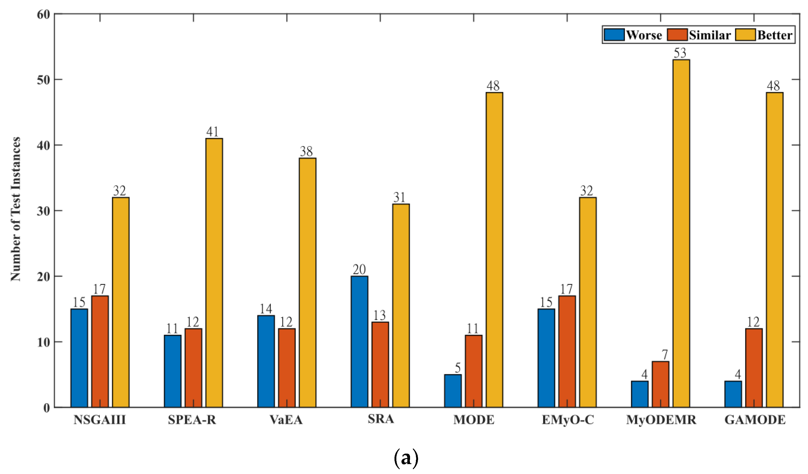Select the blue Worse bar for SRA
coord(359,342)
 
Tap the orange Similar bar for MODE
coord(473,371)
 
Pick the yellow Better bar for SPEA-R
coord(214,273)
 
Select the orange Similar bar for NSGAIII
coord(100,351)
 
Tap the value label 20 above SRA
coord(359,269)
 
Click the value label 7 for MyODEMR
coord(664,355)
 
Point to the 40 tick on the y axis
coord(44,146)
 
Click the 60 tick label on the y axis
coord(44,15)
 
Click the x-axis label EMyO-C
coord(568,420)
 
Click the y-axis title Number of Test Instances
coord(15,209)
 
